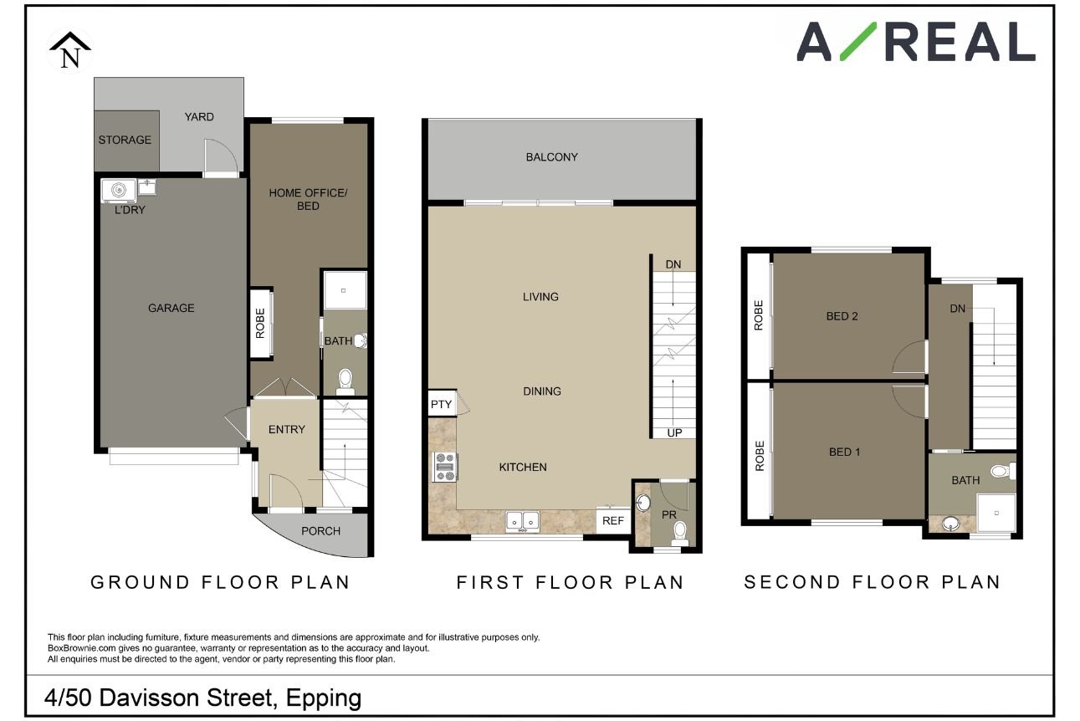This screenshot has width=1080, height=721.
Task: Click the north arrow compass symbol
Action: click(x=70, y=50)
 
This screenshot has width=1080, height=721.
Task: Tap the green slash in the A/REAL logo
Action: click(x=857, y=42)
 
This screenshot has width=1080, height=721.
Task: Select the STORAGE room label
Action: click(x=125, y=140)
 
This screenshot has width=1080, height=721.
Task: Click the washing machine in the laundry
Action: click(x=119, y=191)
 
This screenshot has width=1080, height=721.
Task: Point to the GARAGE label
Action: click(x=171, y=308)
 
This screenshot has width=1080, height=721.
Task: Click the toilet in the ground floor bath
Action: click(x=345, y=381)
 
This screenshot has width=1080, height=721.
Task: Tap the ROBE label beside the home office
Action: click(x=260, y=324)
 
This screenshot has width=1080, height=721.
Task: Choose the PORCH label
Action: click(x=320, y=531)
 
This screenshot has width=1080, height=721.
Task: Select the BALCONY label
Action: click(x=551, y=157)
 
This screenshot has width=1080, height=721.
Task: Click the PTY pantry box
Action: click(x=443, y=403)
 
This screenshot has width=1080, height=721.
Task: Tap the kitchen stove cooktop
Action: click(x=445, y=467)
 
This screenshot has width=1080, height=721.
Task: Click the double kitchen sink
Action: click(x=523, y=521)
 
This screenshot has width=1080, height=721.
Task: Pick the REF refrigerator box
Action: click(x=613, y=520)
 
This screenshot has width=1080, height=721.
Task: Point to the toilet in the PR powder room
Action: click(x=680, y=533)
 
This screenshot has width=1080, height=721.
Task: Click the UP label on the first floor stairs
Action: click(x=674, y=432)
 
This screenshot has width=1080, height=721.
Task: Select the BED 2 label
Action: click(x=842, y=316)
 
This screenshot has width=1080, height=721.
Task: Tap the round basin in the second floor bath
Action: click(x=949, y=524)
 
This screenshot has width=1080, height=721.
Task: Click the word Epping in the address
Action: click(x=324, y=698)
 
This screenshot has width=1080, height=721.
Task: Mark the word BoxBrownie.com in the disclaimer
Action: click(x=81, y=648)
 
